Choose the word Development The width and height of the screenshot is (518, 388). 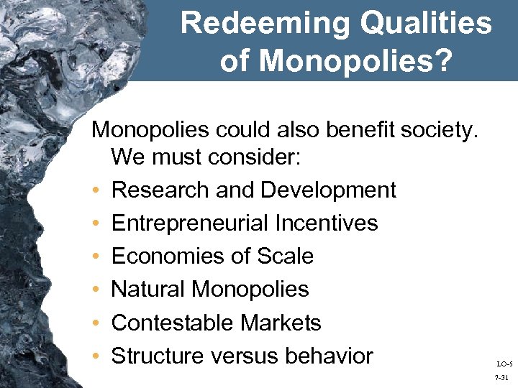(x=329, y=190)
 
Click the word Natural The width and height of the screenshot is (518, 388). (x=148, y=289)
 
